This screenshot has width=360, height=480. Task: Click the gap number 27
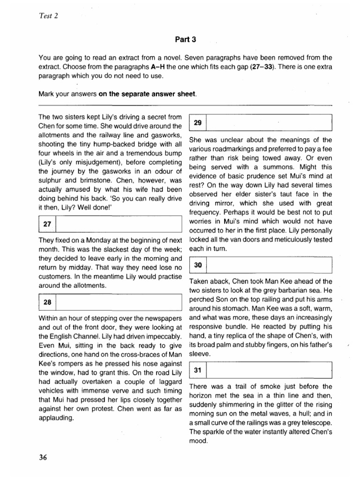(x=47, y=225)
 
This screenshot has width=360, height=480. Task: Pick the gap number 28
(x=47, y=303)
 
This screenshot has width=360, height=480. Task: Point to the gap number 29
(x=197, y=123)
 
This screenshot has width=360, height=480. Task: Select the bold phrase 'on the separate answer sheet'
(x=148, y=93)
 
